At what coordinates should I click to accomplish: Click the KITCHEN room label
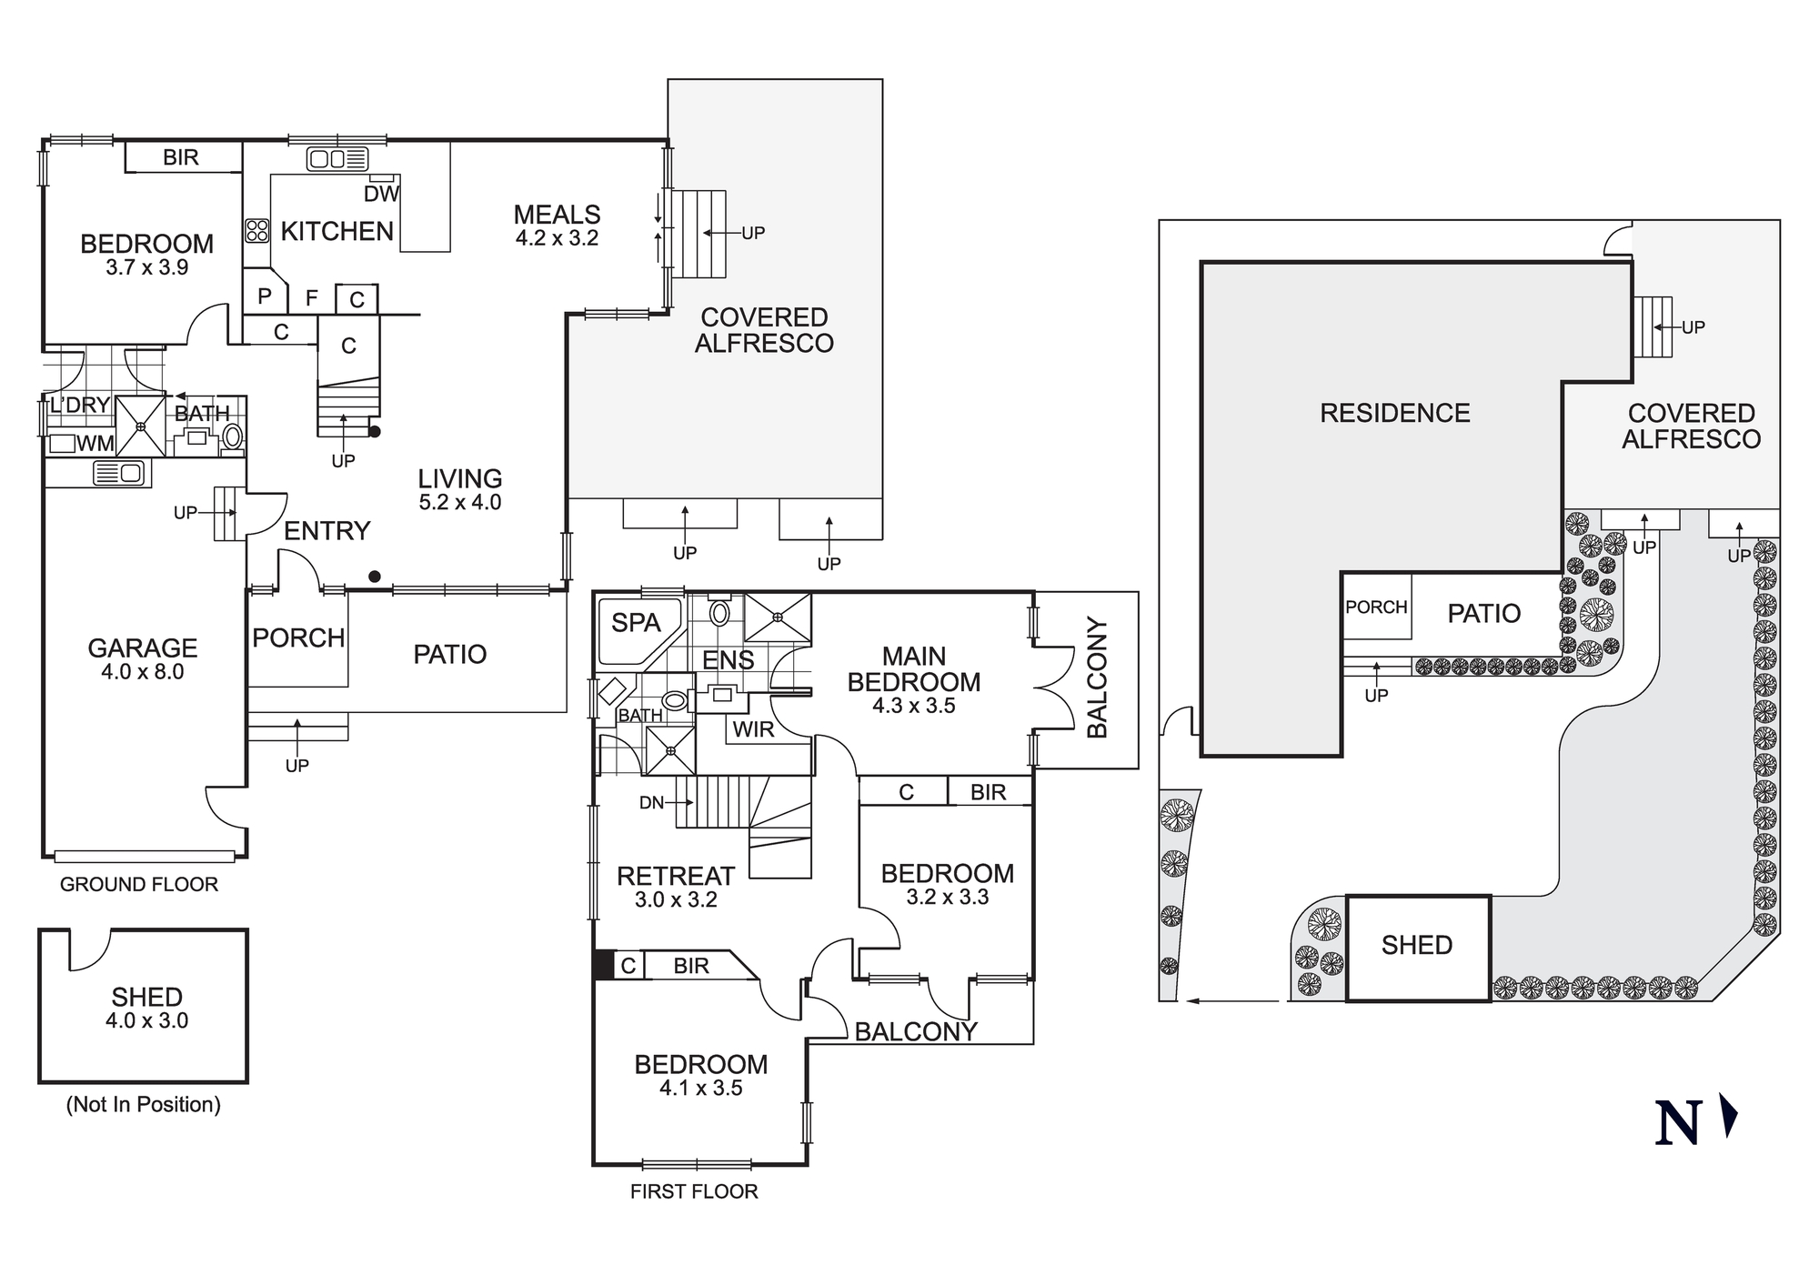(x=337, y=231)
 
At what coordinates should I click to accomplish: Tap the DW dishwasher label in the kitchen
(x=381, y=194)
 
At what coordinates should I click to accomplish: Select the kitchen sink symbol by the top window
(x=337, y=160)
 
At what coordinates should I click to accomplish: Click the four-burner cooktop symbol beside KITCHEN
(x=257, y=230)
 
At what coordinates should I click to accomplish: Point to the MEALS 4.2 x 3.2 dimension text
(x=557, y=238)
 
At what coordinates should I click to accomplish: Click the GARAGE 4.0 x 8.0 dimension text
(x=142, y=672)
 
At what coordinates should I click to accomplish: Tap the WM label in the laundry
(x=95, y=444)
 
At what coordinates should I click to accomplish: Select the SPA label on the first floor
(x=635, y=623)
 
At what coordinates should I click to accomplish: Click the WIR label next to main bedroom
(x=753, y=729)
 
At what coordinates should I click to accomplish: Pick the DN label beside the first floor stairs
(x=651, y=803)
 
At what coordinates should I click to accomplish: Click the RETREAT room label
(x=675, y=876)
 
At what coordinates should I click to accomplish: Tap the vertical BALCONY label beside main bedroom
(x=1098, y=678)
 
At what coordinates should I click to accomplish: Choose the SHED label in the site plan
(x=1416, y=946)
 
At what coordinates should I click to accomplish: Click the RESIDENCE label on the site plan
(x=1394, y=414)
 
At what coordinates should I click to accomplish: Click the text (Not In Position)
(x=143, y=1105)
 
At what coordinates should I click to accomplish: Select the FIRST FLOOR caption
(x=693, y=1191)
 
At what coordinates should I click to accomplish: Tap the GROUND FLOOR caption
(x=138, y=884)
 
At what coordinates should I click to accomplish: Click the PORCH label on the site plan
(x=1375, y=607)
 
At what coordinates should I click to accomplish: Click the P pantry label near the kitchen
(x=265, y=296)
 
